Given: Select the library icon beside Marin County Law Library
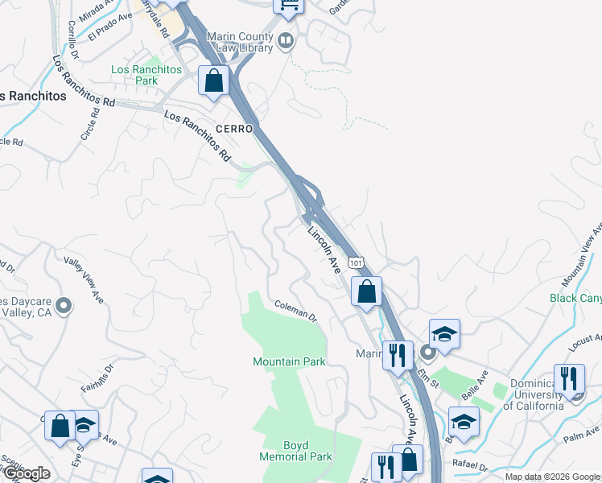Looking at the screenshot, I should [x=285, y=40].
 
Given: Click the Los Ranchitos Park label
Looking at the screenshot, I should [x=135, y=76].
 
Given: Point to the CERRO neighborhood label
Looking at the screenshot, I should [x=234, y=129].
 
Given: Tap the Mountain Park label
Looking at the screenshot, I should [x=289, y=361].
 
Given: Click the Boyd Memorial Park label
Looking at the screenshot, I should [x=295, y=451].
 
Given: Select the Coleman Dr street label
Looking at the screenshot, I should [x=296, y=310].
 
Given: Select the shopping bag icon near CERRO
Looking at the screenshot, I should [x=214, y=80].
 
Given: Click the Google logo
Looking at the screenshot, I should [x=26, y=473].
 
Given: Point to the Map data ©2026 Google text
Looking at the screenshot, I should [x=552, y=477].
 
